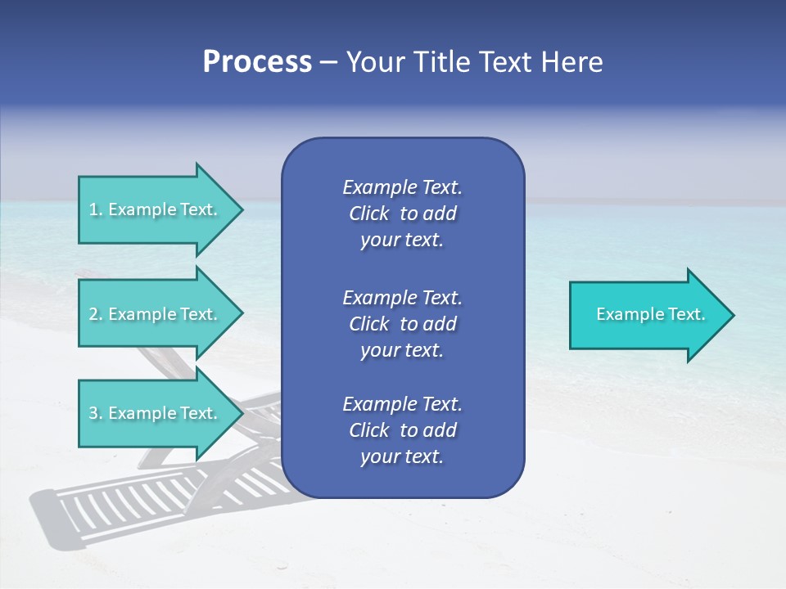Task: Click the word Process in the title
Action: pyautogui.click(x=257, y=62)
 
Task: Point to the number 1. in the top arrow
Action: pyautogui.click(x=96, y=209)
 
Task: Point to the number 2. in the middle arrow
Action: pyautogui.click(x=96, y=314)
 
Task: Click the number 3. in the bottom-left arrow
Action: pyautogui.click(x=96, y=413)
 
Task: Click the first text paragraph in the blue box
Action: pyautogui.click(x=402, y=214)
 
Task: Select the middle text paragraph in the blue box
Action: pyautogui.click(x=402, y=324)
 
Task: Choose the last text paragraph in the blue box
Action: pyautogui.click(x=402, y=430)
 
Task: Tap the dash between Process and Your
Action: pyautogui.click(x=328, y=63)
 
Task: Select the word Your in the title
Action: pyautogui.click(x=373, y=62)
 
